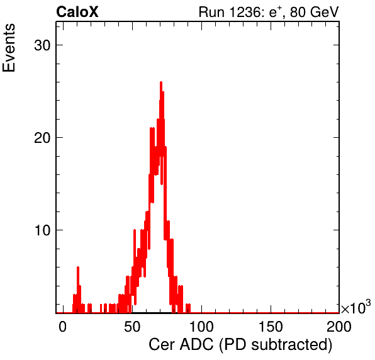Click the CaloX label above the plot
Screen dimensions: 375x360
(x=77, y=11)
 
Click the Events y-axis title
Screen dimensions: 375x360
(x=9, y=48)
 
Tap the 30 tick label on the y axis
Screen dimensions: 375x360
(x=42, y=45)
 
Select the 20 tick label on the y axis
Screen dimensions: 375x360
(x=42, y=138)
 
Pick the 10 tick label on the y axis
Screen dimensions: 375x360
(x=42, y=230)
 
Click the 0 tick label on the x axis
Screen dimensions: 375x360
(x=63, y=327)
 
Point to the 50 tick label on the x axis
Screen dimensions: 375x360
(x=132, y=327)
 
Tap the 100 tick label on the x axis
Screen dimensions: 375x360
(x=201, y=327)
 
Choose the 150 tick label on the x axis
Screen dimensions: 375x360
(x=271, y=327)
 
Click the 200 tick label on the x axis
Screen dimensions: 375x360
(x=339, y=327)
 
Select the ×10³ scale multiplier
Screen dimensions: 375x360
(x=356, y=307)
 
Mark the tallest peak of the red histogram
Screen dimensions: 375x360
(x=161, y=83)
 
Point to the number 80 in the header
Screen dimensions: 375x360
(x=298, y=12)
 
